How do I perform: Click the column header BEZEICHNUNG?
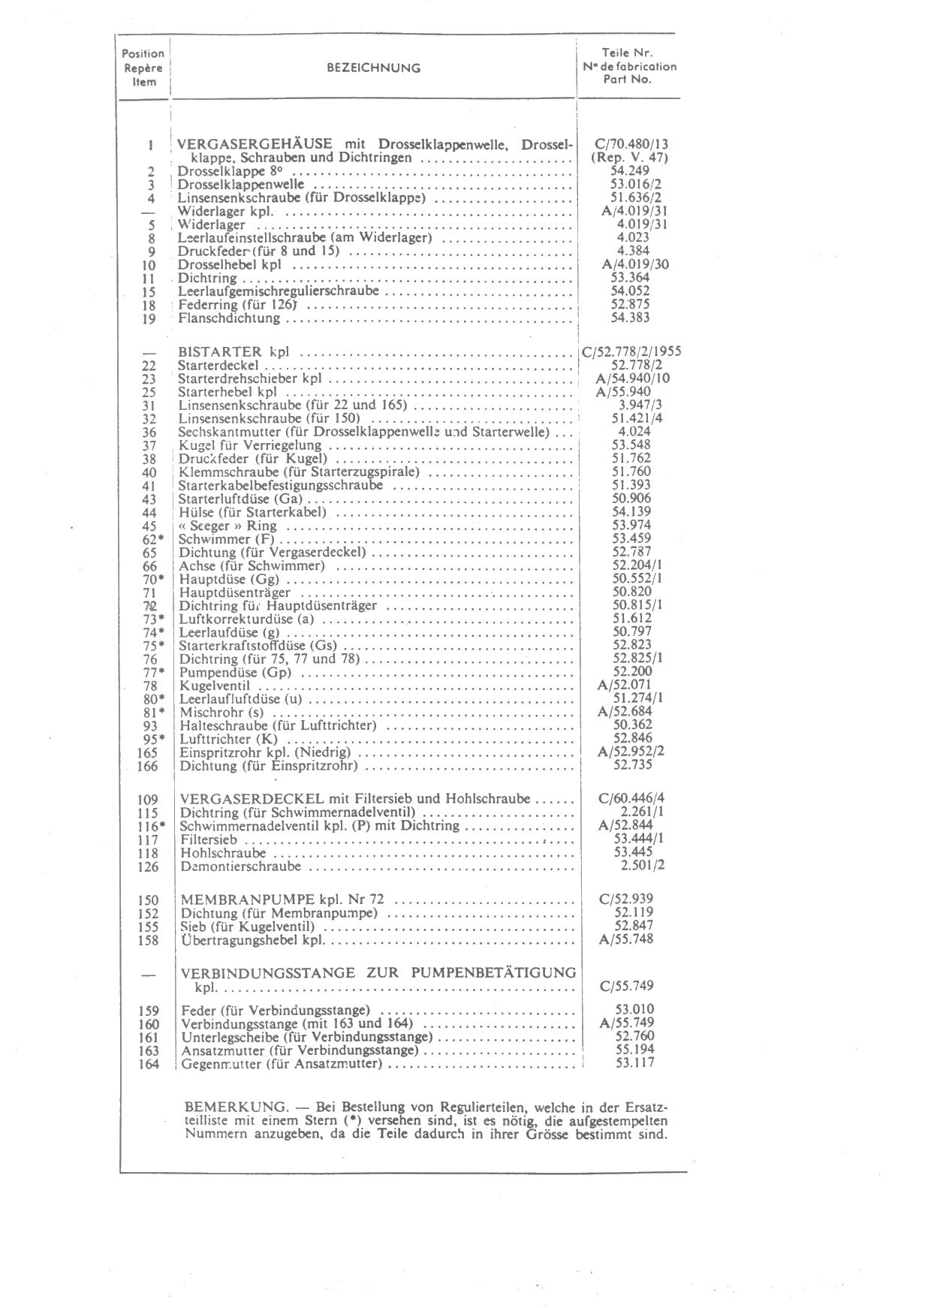(x=373, y=68)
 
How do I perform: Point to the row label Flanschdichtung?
(x=229, y=318)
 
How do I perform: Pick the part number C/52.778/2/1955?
(x=631, y=351)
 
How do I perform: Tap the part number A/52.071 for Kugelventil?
(x=625, y=685)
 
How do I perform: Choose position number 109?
(x=149, y=800)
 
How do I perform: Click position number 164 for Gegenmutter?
(x=149, y=1065)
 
